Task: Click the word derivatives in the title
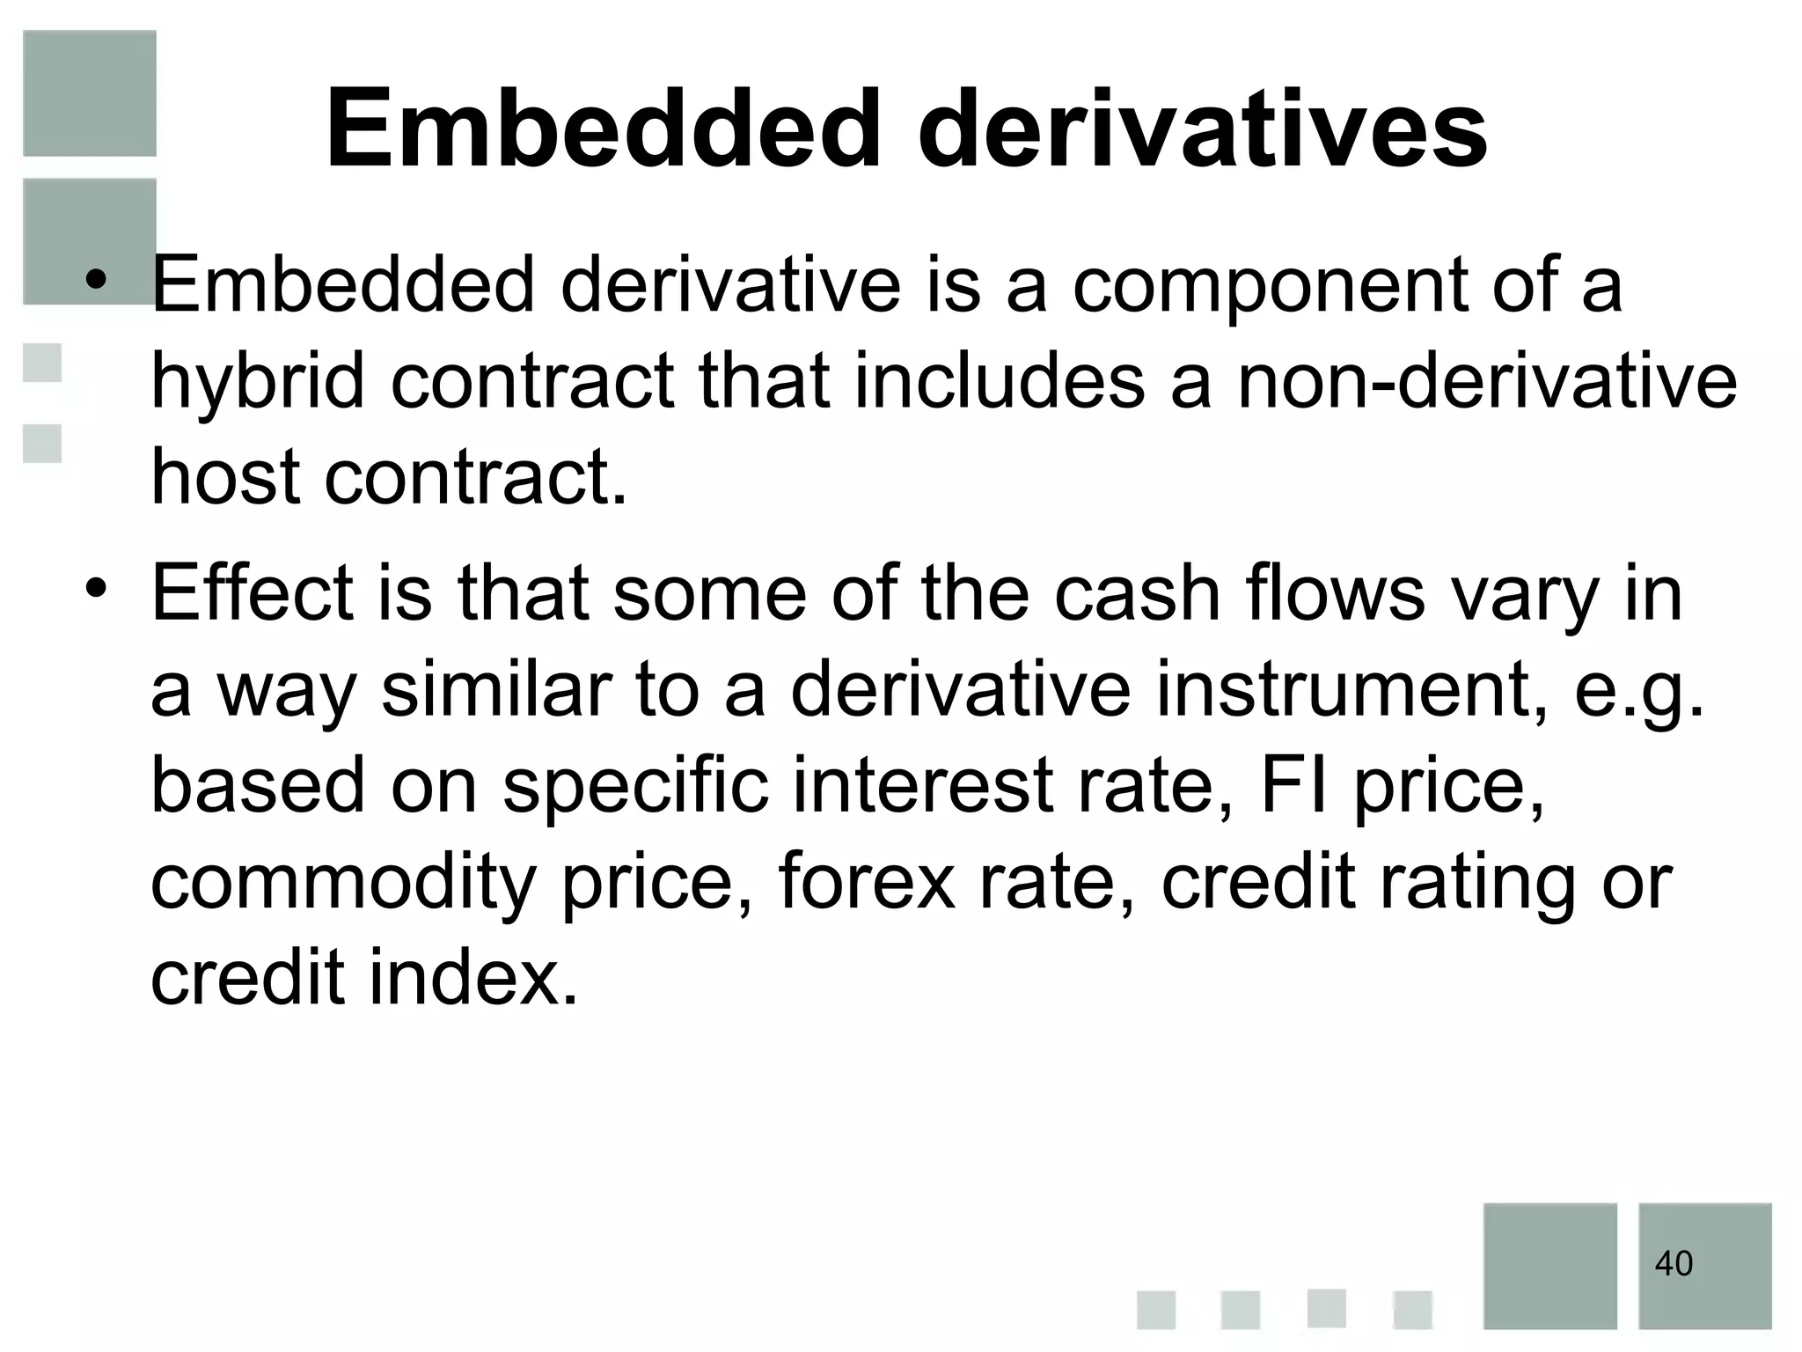[x=1202, y=130]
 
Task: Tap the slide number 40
[x=1673, y=1264]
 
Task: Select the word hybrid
[x=257, y=383]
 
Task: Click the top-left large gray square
[x=90, y=93]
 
